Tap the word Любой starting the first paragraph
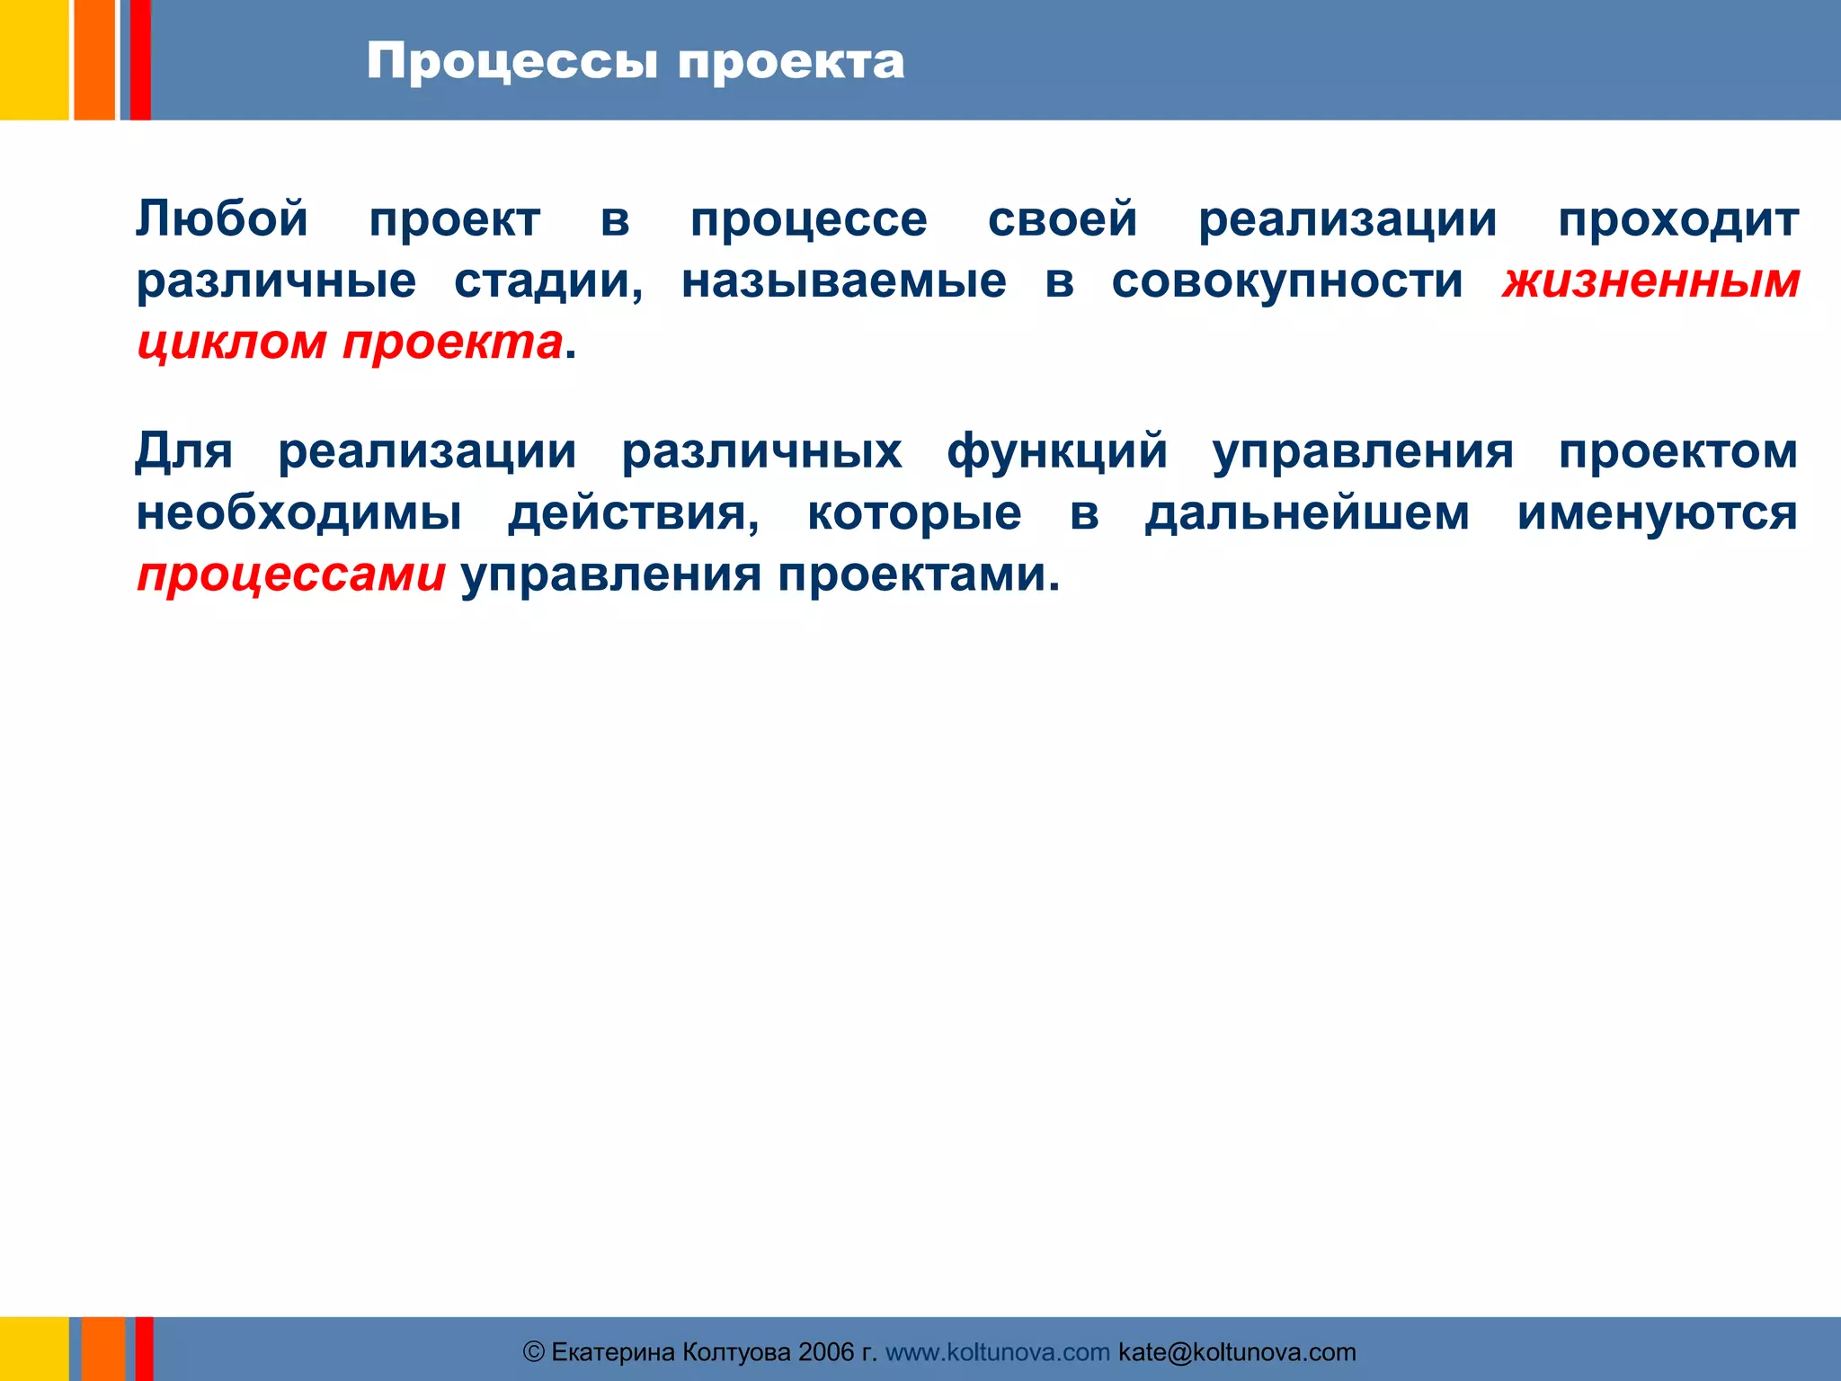pos(222,218)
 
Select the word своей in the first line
pos(1063,218)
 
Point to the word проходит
pos(1678,218)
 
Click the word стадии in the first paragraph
pos(548,281)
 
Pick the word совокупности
pos(1287,281)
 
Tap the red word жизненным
pos(1650,281)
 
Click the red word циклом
pos(231,343)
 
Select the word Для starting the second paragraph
pos(184,450)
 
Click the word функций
pos(1057,450)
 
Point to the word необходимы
pos(299,512)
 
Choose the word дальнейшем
pos(1307,512)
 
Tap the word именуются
pos(1658,512)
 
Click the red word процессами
pos(291,575)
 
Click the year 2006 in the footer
pos(826,1352)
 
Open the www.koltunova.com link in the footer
pos(998,1352)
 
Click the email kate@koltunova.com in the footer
pos(1237,1352)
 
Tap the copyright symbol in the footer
pos(534,1352)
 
